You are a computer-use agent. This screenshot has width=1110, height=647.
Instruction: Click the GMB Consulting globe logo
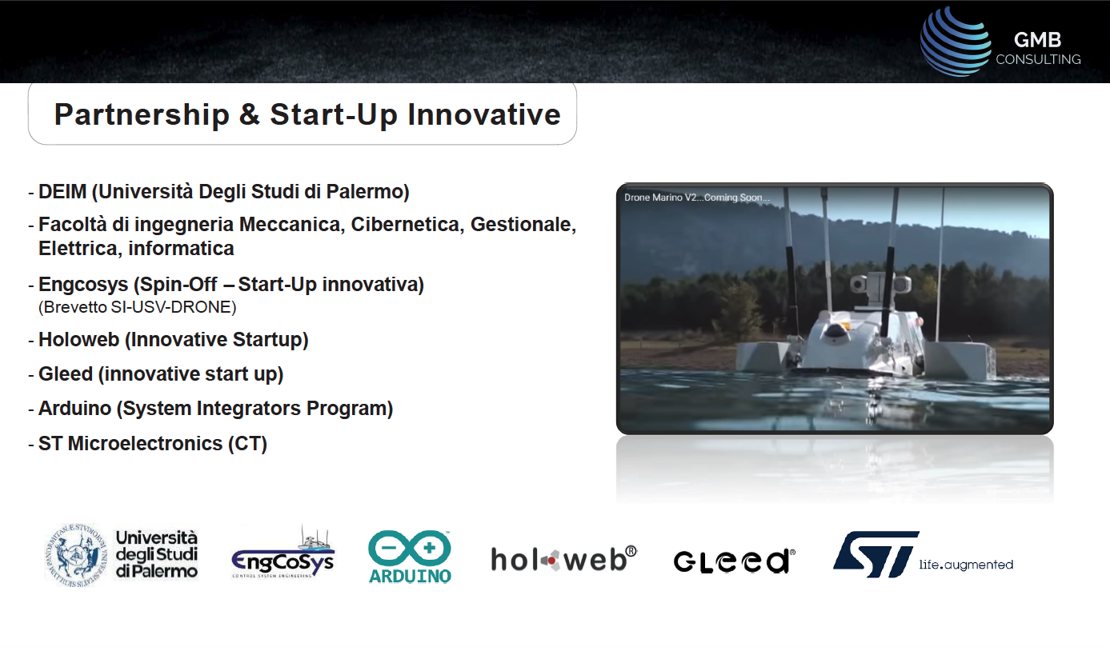(x=955, y=42)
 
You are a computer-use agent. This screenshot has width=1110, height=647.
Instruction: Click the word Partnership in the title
(x=142, y=115)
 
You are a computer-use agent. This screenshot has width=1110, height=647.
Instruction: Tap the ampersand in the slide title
(x=249, y=114)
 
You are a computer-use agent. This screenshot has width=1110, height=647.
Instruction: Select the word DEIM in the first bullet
(x=62, y=192)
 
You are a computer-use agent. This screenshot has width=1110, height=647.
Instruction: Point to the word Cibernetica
(x=407, y=224)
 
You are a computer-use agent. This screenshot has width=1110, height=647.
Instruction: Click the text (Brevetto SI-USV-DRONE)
(x=138, y=307)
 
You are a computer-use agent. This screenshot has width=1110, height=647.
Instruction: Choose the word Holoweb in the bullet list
(x=78, y=340)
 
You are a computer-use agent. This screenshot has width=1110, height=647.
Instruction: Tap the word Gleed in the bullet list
(x=66, y=373)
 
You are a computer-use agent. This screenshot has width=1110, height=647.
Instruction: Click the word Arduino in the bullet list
(x=74, y=409)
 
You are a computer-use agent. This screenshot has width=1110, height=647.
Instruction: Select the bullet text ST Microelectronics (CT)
(x=153, y=444)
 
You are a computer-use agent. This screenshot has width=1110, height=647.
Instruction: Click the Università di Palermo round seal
(x=76, y=555)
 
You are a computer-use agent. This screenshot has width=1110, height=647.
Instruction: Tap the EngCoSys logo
(x=283, y=553)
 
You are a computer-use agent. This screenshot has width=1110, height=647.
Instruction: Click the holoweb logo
(x=564, y=559)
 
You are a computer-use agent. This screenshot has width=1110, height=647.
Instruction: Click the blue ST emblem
(x=876, y=554)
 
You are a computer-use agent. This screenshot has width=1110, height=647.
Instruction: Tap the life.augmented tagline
(x=966, y=565)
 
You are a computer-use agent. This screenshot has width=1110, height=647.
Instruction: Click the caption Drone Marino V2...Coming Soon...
(x=697, y=198)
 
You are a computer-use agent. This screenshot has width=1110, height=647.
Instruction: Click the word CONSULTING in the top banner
(x=1038, y=59)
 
